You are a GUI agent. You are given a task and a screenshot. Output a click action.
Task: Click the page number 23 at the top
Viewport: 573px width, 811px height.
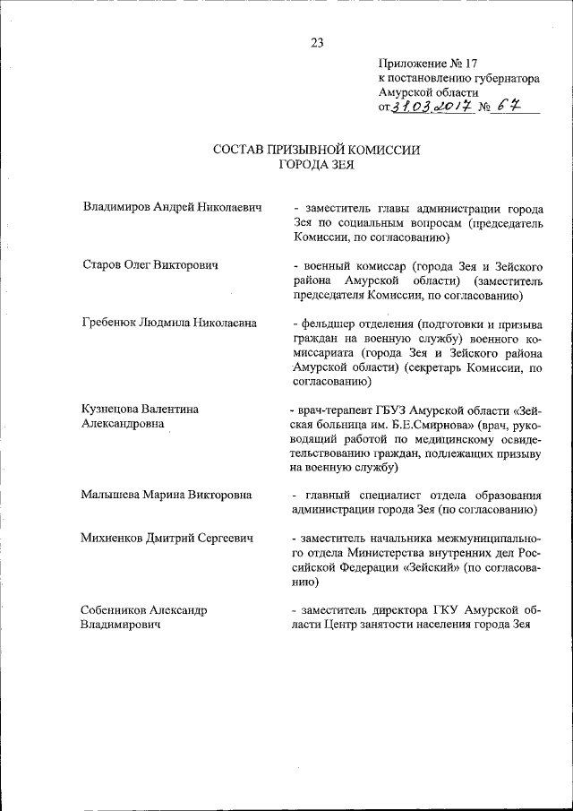tap(316, 42)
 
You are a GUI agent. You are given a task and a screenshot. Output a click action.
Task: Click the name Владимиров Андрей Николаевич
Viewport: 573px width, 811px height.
tap(172, 207)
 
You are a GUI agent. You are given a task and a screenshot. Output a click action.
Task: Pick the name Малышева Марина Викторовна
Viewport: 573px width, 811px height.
tap(167, 495)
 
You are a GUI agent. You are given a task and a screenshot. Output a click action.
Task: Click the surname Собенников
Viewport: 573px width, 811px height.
tap(117, 609)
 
